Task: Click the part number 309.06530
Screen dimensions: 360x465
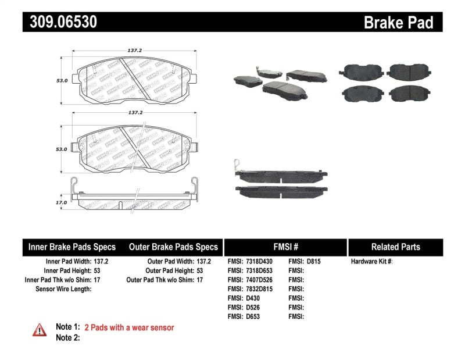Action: pyautogui.click(x=60, y=22)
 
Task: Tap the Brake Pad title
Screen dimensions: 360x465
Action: pyautogui.click(x=398, y=23)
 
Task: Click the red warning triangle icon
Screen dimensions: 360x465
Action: pyautogui.click(x=40, y=329)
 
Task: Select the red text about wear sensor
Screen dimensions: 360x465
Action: pyautogui.click(x=129, y=328)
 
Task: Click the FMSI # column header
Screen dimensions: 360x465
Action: pyautogui.click(x=285, y=247)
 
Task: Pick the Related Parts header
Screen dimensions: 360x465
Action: pyautogui.click(x=395, y=247)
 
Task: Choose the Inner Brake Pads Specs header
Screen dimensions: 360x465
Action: pyautogui.click(x=72, y=247)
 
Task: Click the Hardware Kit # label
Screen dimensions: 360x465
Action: pyautogui.click(x=371, y=262)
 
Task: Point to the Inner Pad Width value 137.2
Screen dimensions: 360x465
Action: pyautogui.click(x=102, y=262)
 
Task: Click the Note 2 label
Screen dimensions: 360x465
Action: pyautogui.click(x=67, y=337)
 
